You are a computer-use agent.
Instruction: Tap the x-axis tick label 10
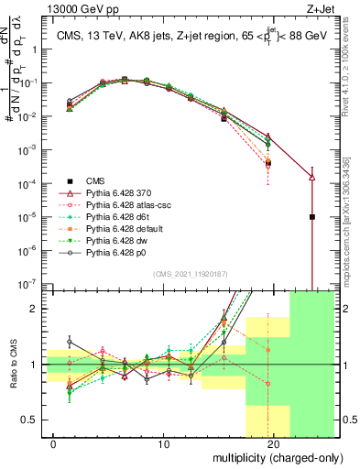tap(163, 444)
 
